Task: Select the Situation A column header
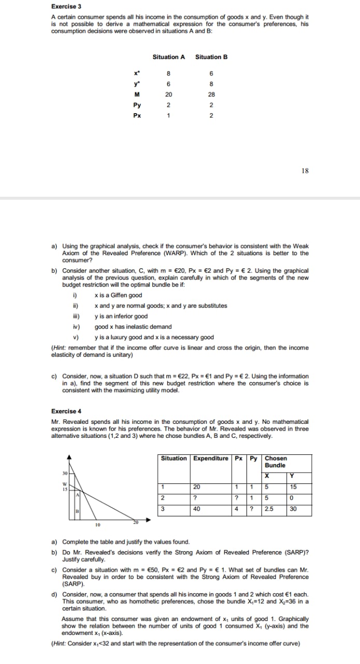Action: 169,57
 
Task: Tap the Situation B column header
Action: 211,57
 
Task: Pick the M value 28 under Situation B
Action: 211,95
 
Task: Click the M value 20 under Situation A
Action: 169,95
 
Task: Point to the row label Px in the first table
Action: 137,116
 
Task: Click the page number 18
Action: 304,170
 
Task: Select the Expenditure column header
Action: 211,459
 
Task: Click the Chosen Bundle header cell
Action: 275,462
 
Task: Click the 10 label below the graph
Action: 97,524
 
